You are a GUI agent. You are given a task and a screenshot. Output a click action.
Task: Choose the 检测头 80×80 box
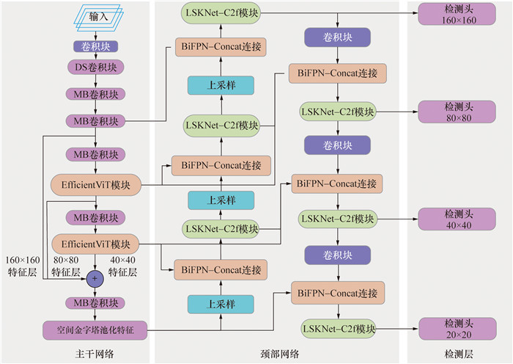tap(449, 112)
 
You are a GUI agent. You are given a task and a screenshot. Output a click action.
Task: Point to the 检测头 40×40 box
tap(449, 218)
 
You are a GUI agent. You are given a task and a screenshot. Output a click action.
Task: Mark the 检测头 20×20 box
tap(449, 327)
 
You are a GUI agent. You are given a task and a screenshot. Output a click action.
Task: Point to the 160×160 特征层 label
tap(21, 265)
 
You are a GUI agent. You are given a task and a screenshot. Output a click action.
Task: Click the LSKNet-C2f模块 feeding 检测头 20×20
tap(338, 327)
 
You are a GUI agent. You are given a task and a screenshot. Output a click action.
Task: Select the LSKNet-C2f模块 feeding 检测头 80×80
tap(338, 112)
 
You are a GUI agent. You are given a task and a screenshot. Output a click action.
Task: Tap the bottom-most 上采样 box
tap(221, 303)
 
